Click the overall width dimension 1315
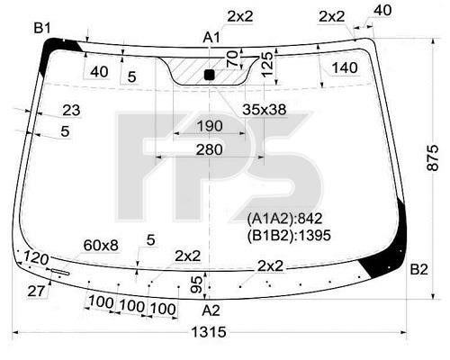[209, 332]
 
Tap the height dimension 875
[433, 158]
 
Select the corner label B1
[42, 28]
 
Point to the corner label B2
[418, 270]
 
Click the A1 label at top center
[211, 38]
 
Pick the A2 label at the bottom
[211, 310]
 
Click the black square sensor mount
[209, 75]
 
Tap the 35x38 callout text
[264, 110]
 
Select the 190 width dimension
[210, 126]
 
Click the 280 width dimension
[210, 149]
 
